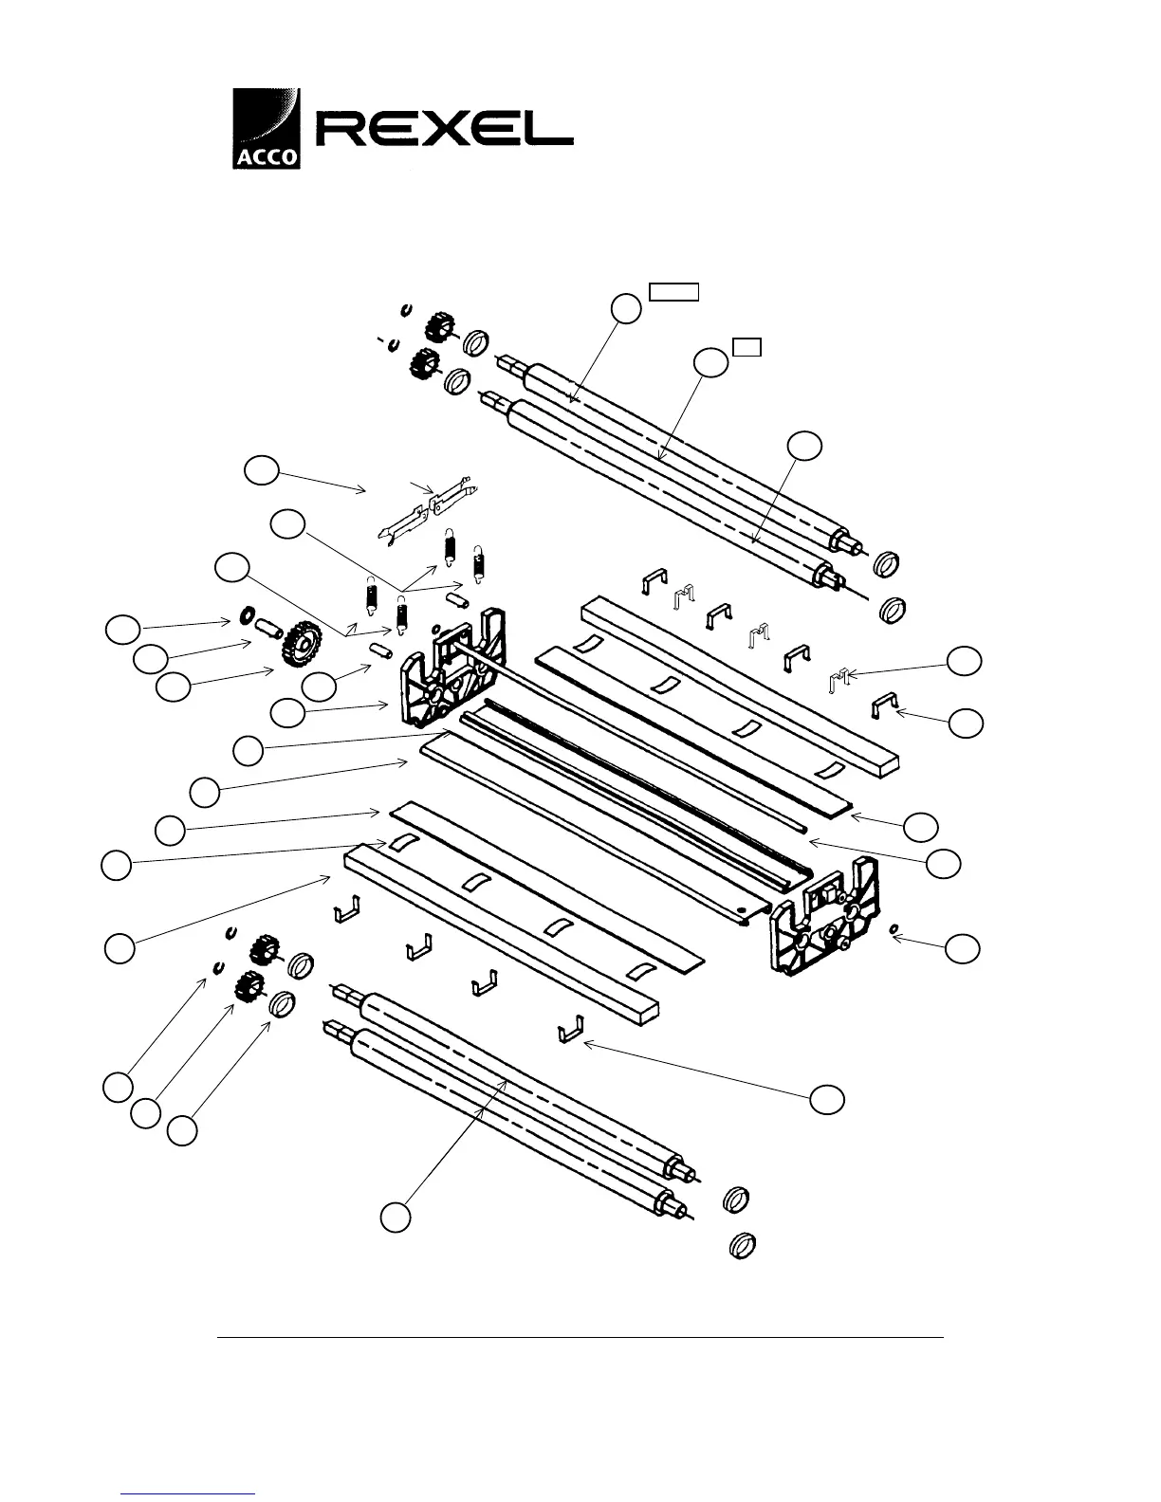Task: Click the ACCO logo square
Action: [x=267, y=128]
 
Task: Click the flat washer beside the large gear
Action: [x=244, y=617]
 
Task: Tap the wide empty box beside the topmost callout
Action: [x=673, y=291]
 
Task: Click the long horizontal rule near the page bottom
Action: [x=580, y=1338]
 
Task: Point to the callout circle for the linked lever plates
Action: [x=260, y=471]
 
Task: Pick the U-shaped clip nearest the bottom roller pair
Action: [x=570, y=1028]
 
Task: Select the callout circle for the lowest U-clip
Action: [x=826, y=1097]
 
